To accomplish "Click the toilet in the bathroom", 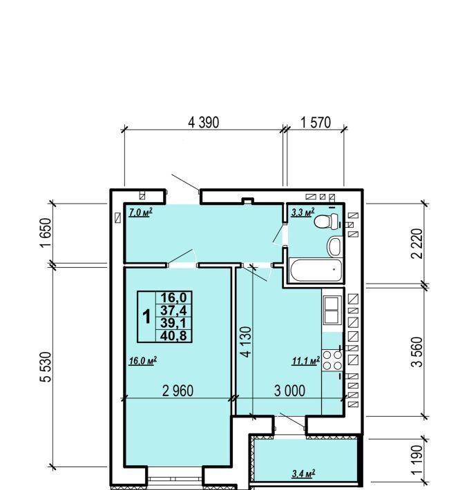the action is pos(326,222).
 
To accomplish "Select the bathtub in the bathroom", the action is pos(316,270).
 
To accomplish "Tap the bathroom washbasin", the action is pos(334,246).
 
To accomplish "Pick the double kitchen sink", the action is pos(332,310).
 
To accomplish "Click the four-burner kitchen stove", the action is pos(332,360).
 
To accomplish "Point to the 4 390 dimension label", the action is pos(204,123).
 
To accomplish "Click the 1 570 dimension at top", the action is pos(316,122).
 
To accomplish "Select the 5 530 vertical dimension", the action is pos(46,367).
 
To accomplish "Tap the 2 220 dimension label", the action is pos(417,244).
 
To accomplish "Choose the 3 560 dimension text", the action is pos(417,352).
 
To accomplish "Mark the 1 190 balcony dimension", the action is pos(417,460).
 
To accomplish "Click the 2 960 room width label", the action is pos(178,391).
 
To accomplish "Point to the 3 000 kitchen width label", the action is pos(289,391).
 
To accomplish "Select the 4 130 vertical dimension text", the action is pos(246,342).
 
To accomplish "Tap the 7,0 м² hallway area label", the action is pos(141,213).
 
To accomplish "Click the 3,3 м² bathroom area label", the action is pos(303,213).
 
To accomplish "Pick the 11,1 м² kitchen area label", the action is pos(306,361).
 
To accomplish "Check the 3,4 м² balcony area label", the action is pos(303,473).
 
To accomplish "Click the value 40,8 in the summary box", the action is pos(173,336).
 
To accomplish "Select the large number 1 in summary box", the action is pos(146,317).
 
